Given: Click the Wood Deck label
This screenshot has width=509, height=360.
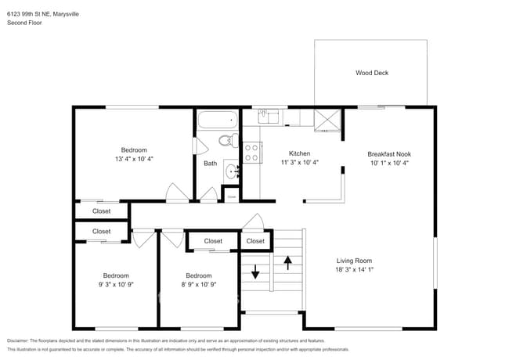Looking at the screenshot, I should pyautogui.click(x=372, y=73).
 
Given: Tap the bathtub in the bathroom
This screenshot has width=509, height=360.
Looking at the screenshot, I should pyautogui.click(x=217, y=120).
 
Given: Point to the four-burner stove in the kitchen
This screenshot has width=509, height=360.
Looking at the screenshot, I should pyautogui.click(x=252, y=153).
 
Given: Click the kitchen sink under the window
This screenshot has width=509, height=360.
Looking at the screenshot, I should pyautogui.click(x=269, y=117).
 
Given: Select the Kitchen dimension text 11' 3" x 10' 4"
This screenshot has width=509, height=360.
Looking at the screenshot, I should pyautogui.click(x=299, y=163).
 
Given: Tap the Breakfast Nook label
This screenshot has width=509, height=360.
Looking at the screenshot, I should pyautogui.click(x=389, y=153).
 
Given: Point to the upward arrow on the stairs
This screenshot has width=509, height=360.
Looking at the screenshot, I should pyautogui.click(x=287, y=261).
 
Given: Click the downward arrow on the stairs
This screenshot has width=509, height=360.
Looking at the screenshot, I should pyautogui.click(x=255, y=275).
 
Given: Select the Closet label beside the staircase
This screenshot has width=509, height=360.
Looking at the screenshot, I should pyautogui.click(x=255, y=241).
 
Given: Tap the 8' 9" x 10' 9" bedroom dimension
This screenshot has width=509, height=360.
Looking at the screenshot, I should pyautogui.click(x=198, y=285).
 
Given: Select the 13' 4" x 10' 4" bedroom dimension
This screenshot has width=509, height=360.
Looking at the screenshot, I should pyautogui.click(x=133, y=159).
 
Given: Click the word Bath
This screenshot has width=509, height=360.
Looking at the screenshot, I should pyautogui.click(x=211, y=164).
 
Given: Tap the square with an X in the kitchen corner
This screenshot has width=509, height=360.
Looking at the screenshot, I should pyautogui.click(x=327, y=117).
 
